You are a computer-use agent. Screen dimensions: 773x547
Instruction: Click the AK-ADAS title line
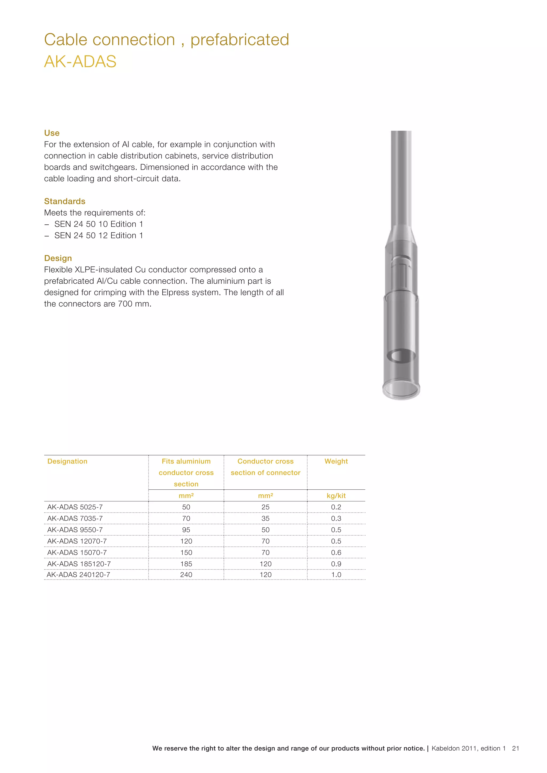click(x=80, y=62)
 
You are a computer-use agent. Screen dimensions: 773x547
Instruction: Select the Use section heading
click(x=52, y=133)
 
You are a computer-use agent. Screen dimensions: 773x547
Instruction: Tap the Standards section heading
click(x=65, y=201)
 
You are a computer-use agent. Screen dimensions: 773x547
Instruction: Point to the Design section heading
click(x=58, y=258)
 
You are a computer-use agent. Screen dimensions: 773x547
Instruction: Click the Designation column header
click(x=67, y=461)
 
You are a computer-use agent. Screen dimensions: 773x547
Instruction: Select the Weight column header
click(x=336, y=461)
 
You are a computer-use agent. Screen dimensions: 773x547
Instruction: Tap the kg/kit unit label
click(x=336, y=495)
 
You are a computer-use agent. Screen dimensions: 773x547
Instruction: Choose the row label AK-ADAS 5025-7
click(x=75, y=507)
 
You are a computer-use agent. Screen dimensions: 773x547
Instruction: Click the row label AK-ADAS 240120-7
click(x=78, y=575)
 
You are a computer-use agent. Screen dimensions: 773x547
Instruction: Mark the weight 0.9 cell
click(x=336, y=564)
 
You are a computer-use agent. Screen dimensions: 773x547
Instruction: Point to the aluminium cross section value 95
click(x=186, y=530)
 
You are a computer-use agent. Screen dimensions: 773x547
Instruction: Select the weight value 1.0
click(x=336, y=575)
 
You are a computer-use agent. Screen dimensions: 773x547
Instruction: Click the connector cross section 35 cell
click(x=265, y=518)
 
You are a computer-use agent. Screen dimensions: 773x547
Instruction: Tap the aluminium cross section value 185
click(x=186, y=564)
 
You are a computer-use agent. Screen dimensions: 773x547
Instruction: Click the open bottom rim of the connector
click(x=401, y=391)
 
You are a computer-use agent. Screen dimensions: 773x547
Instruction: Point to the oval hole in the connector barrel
click(x=401, y=355)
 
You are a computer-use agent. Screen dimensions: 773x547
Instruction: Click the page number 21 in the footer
click(x=515, y=748)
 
